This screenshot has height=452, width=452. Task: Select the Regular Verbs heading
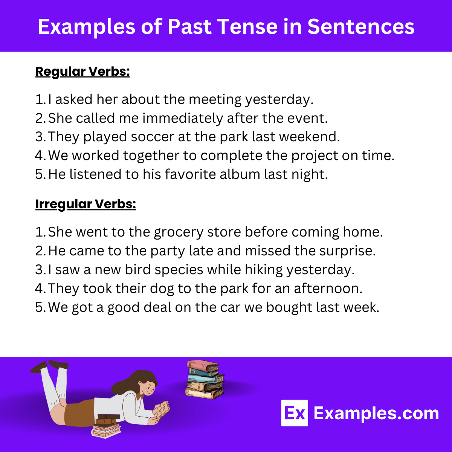pos(82,71)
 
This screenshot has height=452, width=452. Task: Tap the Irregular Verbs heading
pos(86,204)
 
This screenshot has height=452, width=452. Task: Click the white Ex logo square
pos(294,413)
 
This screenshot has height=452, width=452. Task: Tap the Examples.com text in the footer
pos(376,413)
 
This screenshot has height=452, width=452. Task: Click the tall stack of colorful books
pos(205,379)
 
